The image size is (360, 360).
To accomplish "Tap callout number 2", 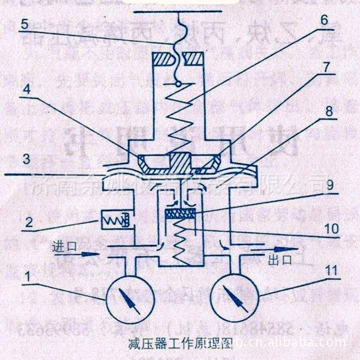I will pyautogui.click(x=29, y=222).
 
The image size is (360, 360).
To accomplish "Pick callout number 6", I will pyautogui.click(x=324, y=21).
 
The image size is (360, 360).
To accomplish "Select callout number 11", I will pyautogui.click(x=330, y=270).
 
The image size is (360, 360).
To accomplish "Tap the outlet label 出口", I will pyautogui.click(x=281, y=260).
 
